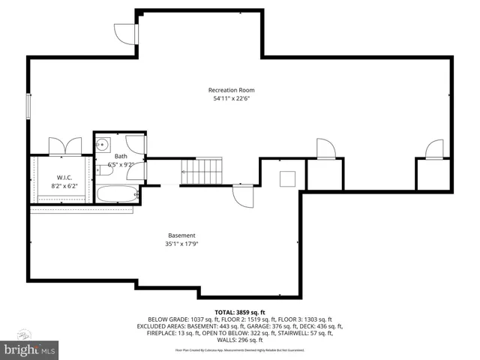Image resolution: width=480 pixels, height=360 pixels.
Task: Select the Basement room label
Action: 181,235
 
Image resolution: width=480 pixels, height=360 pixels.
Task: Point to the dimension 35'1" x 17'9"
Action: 181,244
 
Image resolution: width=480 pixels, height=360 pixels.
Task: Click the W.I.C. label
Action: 63,176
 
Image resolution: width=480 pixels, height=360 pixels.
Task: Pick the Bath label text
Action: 121,156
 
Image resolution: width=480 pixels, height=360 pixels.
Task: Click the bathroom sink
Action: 104,145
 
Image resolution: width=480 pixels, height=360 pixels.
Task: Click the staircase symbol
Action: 202,172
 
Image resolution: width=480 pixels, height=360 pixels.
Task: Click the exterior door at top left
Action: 126,34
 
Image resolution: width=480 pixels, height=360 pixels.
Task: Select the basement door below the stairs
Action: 243,196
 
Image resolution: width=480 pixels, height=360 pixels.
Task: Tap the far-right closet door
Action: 434,151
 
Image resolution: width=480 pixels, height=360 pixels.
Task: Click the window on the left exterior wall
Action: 28,105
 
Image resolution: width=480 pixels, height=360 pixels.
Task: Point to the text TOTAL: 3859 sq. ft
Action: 239,311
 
